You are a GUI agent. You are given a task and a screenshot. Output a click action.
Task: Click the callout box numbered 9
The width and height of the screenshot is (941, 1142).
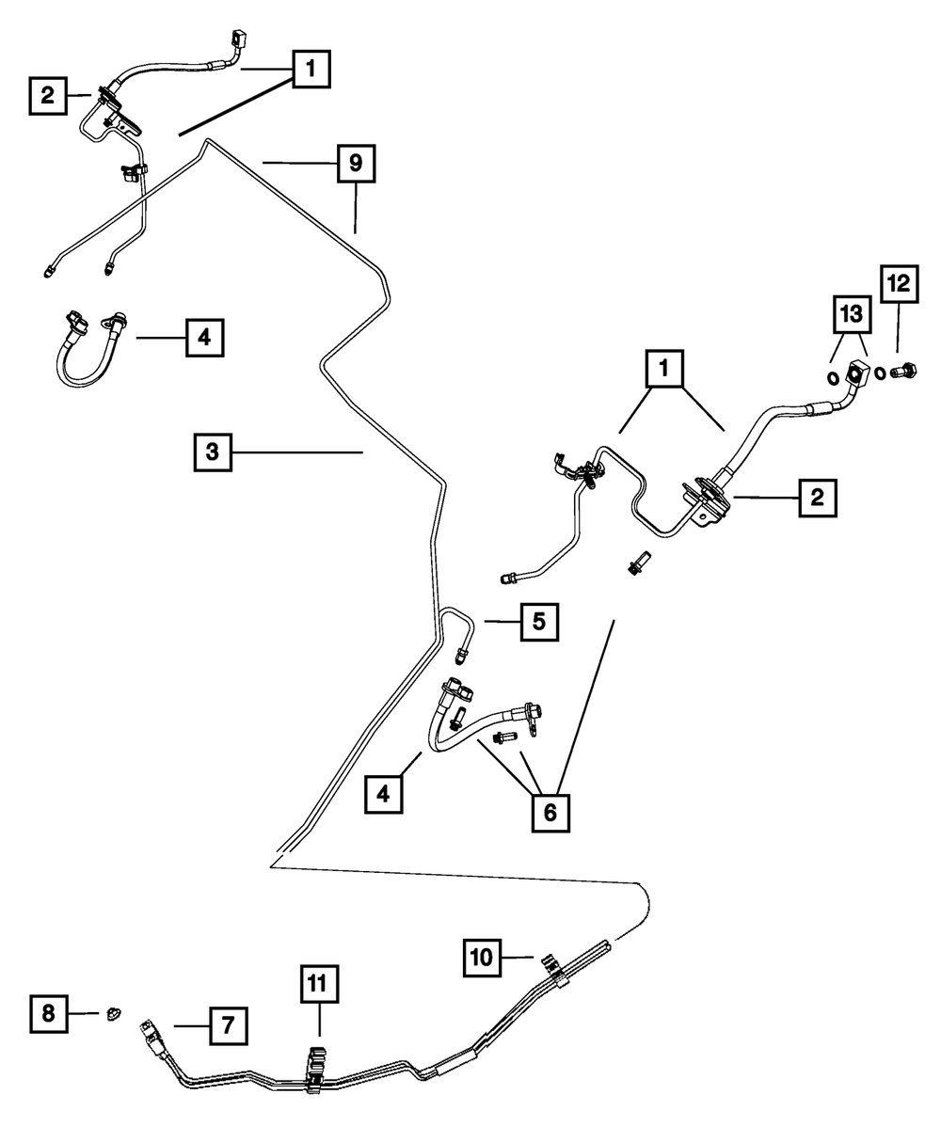tap(355, 163)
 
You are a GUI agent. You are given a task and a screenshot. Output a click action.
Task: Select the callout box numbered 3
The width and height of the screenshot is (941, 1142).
tap(213, 452)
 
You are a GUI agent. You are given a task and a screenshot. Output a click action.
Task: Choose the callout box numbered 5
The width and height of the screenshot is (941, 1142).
tap(538, 621)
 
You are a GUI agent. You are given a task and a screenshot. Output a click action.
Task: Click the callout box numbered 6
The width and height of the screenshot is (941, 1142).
tap(550, 812)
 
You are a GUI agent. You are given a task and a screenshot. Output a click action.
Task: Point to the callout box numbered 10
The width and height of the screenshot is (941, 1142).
tap(482, 958)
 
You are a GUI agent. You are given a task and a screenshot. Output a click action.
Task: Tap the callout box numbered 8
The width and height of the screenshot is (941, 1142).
tap(48, 1013)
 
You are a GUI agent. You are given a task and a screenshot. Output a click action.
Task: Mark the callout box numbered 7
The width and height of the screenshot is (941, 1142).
tap(228, 1025)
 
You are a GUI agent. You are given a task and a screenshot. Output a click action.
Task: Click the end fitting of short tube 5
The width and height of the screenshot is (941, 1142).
tap(462, 651)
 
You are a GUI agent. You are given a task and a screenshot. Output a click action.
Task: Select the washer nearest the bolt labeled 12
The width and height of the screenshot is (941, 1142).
tap(878, 374)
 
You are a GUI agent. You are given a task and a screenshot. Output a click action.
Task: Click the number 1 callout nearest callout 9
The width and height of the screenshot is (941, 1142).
tap(311, 69)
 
